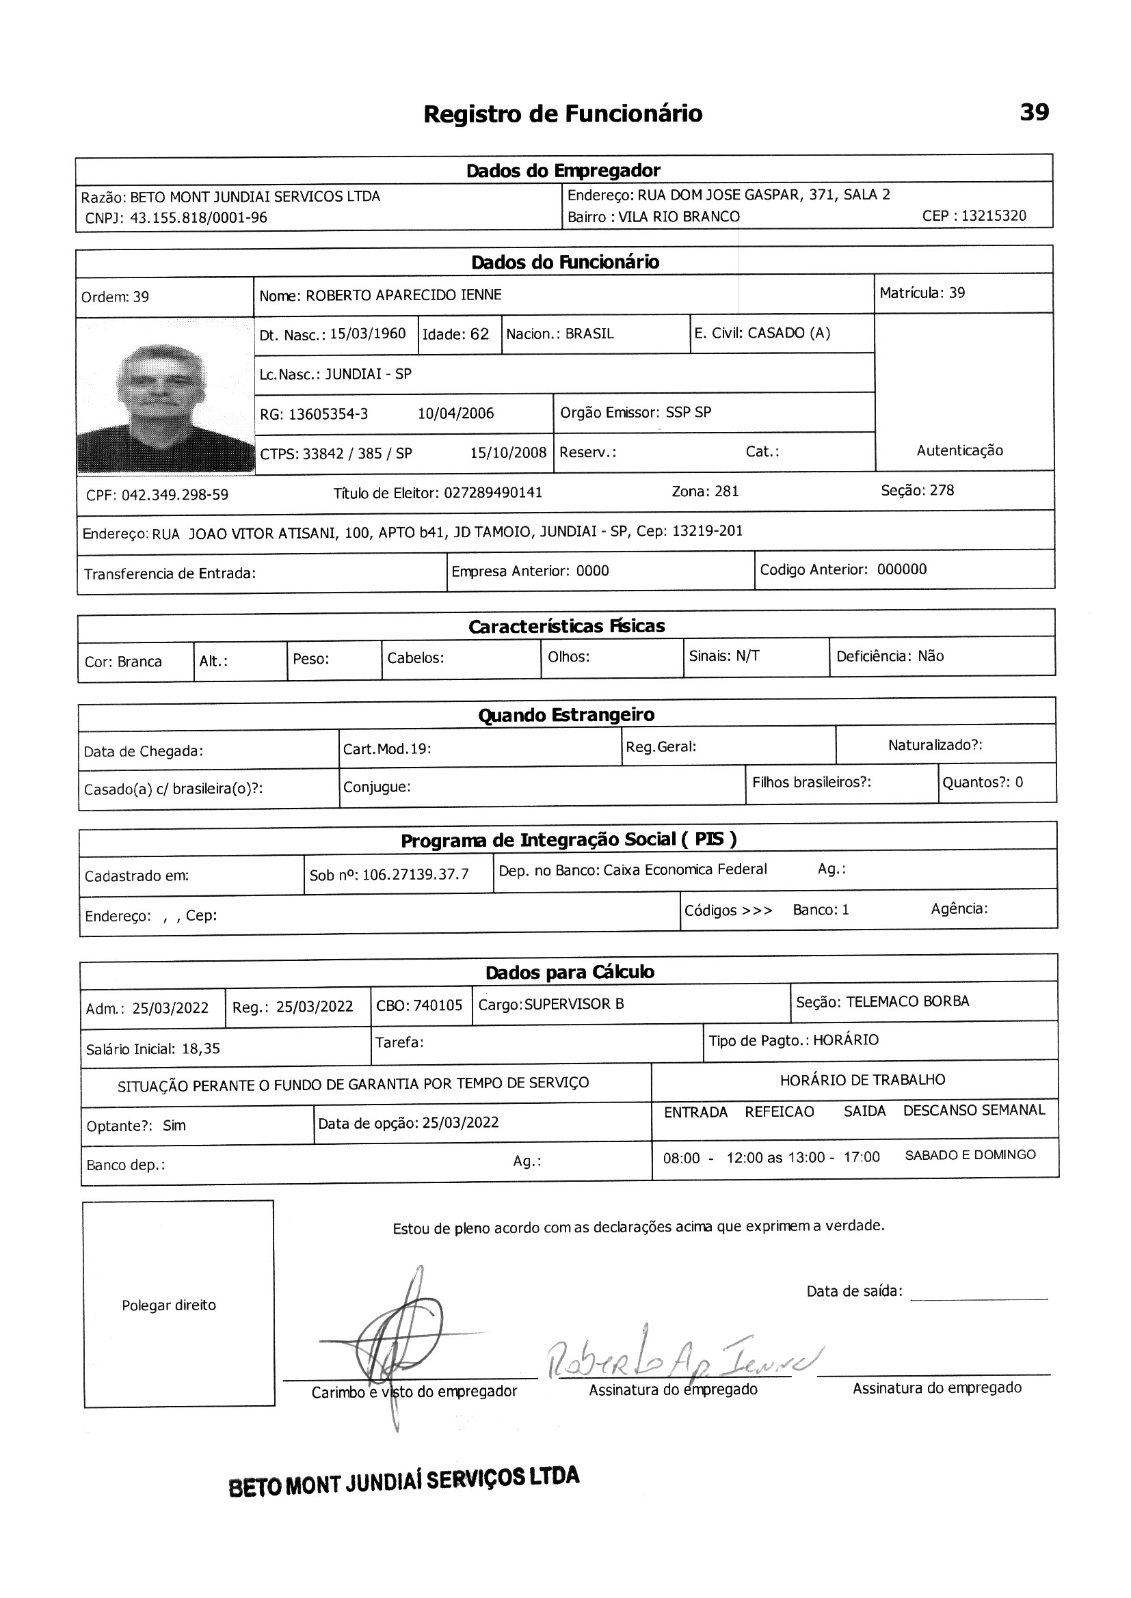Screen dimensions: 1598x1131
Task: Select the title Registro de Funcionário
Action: [563, 113]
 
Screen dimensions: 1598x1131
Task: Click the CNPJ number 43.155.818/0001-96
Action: [198, 218]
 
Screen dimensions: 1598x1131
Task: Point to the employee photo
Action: [165, 396]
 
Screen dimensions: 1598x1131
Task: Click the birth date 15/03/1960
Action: [367, 334]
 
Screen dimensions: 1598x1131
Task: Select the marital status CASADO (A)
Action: [788, 333]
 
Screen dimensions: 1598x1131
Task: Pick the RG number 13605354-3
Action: [328, 414]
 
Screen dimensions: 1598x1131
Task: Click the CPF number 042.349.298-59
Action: [175, 495]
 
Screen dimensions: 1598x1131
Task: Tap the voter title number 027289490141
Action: [493, 493]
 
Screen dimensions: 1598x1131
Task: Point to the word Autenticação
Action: [959, 450]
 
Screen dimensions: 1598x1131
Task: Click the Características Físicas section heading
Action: [566, 626]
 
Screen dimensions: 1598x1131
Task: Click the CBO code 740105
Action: [438, 1005]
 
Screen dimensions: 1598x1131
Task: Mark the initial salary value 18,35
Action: [200, 1048]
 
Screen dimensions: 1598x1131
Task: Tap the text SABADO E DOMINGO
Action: [970, 1154]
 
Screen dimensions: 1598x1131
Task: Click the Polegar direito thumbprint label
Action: [168, 1305]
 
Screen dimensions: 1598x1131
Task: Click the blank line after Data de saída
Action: [979, 1296]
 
